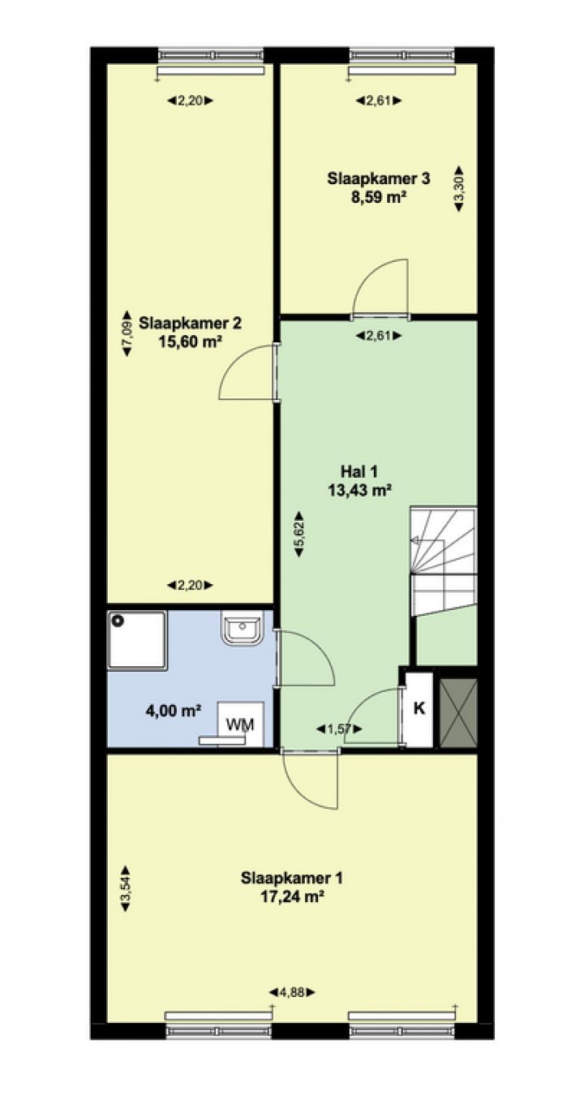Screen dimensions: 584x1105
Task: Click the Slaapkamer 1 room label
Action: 291,878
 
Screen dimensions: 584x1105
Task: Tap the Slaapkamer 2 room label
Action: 190,323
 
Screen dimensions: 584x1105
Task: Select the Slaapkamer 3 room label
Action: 378,178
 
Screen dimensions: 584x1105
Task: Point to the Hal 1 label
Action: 359,471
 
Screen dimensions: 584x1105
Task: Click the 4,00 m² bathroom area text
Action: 173,711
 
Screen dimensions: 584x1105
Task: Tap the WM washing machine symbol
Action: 241,724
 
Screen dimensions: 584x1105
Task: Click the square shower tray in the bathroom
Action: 136,640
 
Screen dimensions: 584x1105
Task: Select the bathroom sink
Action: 242,627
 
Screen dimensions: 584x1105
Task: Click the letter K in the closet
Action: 419,708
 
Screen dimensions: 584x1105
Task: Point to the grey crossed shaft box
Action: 458,712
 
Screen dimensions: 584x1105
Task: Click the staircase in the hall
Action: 444,561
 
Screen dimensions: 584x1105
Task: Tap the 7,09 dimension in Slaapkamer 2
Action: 127,333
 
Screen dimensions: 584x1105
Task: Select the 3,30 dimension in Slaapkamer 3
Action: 459,188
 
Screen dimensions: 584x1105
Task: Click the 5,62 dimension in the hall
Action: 299,535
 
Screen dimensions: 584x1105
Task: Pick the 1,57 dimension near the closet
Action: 339,728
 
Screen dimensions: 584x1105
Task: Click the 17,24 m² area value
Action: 291,896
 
